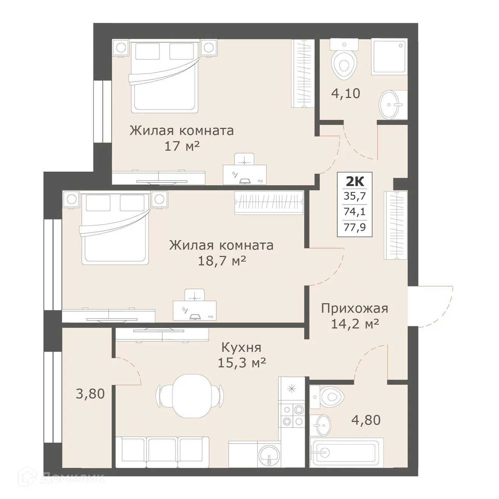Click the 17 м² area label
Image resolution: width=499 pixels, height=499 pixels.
pyautogui.click(x=181, y=146)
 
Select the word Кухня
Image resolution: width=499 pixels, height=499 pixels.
pyautogui.click(x=241, y=347)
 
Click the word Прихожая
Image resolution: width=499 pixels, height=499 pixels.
pyautogui.click(x=354, y=308)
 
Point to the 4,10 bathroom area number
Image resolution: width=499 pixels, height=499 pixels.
pyautogui.click(x=346, y=93)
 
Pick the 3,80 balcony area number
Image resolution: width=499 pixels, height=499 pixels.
pyautogui.click(x=90, y=394)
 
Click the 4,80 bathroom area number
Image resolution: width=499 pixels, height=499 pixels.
pyautogui.click(x=366, y=420)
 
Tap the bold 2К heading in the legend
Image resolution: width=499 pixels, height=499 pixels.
pyautogui.click(x=355, y=182)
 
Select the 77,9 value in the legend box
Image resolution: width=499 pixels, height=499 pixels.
pyautogui.click(x=355, y=228)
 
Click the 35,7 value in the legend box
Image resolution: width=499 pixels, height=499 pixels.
pyautogui.click(x=355, y=196)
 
